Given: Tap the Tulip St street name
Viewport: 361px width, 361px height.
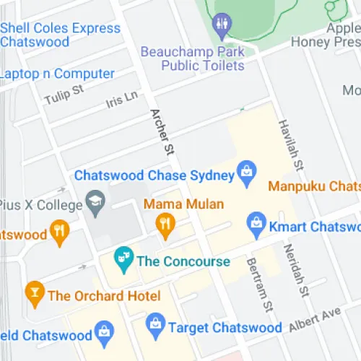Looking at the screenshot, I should (64, 95).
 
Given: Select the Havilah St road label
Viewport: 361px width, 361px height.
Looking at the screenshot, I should (287, 144).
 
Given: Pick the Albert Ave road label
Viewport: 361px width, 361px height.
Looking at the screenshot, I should (314, 318).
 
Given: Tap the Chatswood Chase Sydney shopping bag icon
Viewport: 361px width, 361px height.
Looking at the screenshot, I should (247, 173).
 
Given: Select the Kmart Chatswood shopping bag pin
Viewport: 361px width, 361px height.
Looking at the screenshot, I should (256, 226).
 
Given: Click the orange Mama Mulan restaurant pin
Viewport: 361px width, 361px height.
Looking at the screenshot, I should (166, 225).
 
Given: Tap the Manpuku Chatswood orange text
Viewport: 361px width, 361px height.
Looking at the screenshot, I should (314, 186).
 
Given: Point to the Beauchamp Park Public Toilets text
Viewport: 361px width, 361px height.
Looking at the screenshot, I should (193, 58).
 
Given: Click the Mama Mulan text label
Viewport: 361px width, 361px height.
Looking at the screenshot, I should (183, 204).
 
